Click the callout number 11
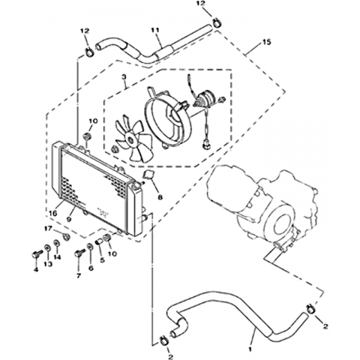tap(155, 30)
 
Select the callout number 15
tap(267, 42)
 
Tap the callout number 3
tap(124, 77)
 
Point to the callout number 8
tap(160, 197)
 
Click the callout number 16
tap(53, 213)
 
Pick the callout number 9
tap(69, 219)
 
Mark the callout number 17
tap(48, 229)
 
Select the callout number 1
tap(250, 348)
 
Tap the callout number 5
tap(102, 260)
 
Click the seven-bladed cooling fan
tap(133, 138)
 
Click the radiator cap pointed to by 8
tap(148, 175)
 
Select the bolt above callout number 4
tap(36, 254)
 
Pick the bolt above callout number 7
tap(79, 253)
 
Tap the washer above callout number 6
tap(90, 247)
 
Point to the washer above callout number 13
tap(47, 248)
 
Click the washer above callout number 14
tap(56, 243)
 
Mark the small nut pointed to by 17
tap(66, 236)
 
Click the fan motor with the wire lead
tap(205, 99)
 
